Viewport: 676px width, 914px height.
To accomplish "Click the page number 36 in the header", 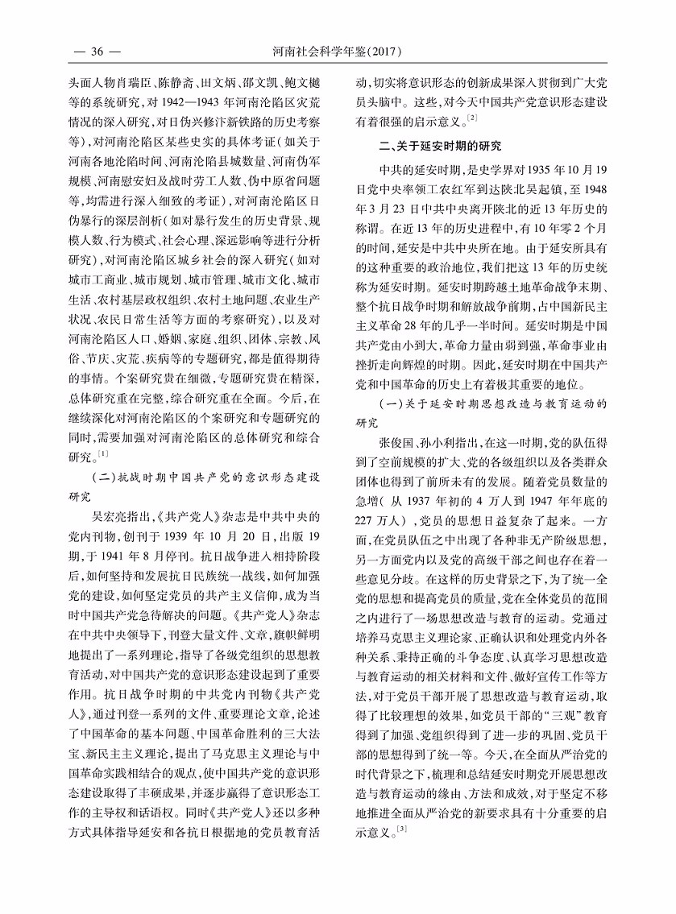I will [97, 53].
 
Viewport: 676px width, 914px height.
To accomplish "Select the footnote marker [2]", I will [472, 118].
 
